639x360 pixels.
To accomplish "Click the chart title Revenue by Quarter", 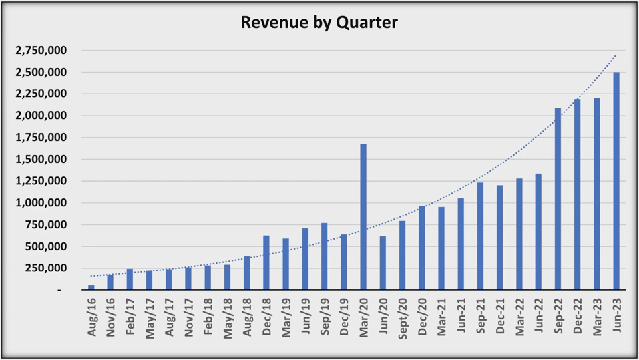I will (319, 23).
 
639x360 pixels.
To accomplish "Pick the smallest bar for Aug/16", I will (91, 287).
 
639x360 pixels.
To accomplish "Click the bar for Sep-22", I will (558, 199).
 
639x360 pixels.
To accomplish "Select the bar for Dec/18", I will (266, 263).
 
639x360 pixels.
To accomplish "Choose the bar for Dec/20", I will (421, 248).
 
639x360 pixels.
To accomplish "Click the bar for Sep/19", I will (324, 256).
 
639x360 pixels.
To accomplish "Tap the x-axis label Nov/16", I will (110, 319).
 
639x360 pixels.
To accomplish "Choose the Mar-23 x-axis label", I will (597, 319).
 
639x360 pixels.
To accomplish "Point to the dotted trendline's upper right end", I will (616, 55).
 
